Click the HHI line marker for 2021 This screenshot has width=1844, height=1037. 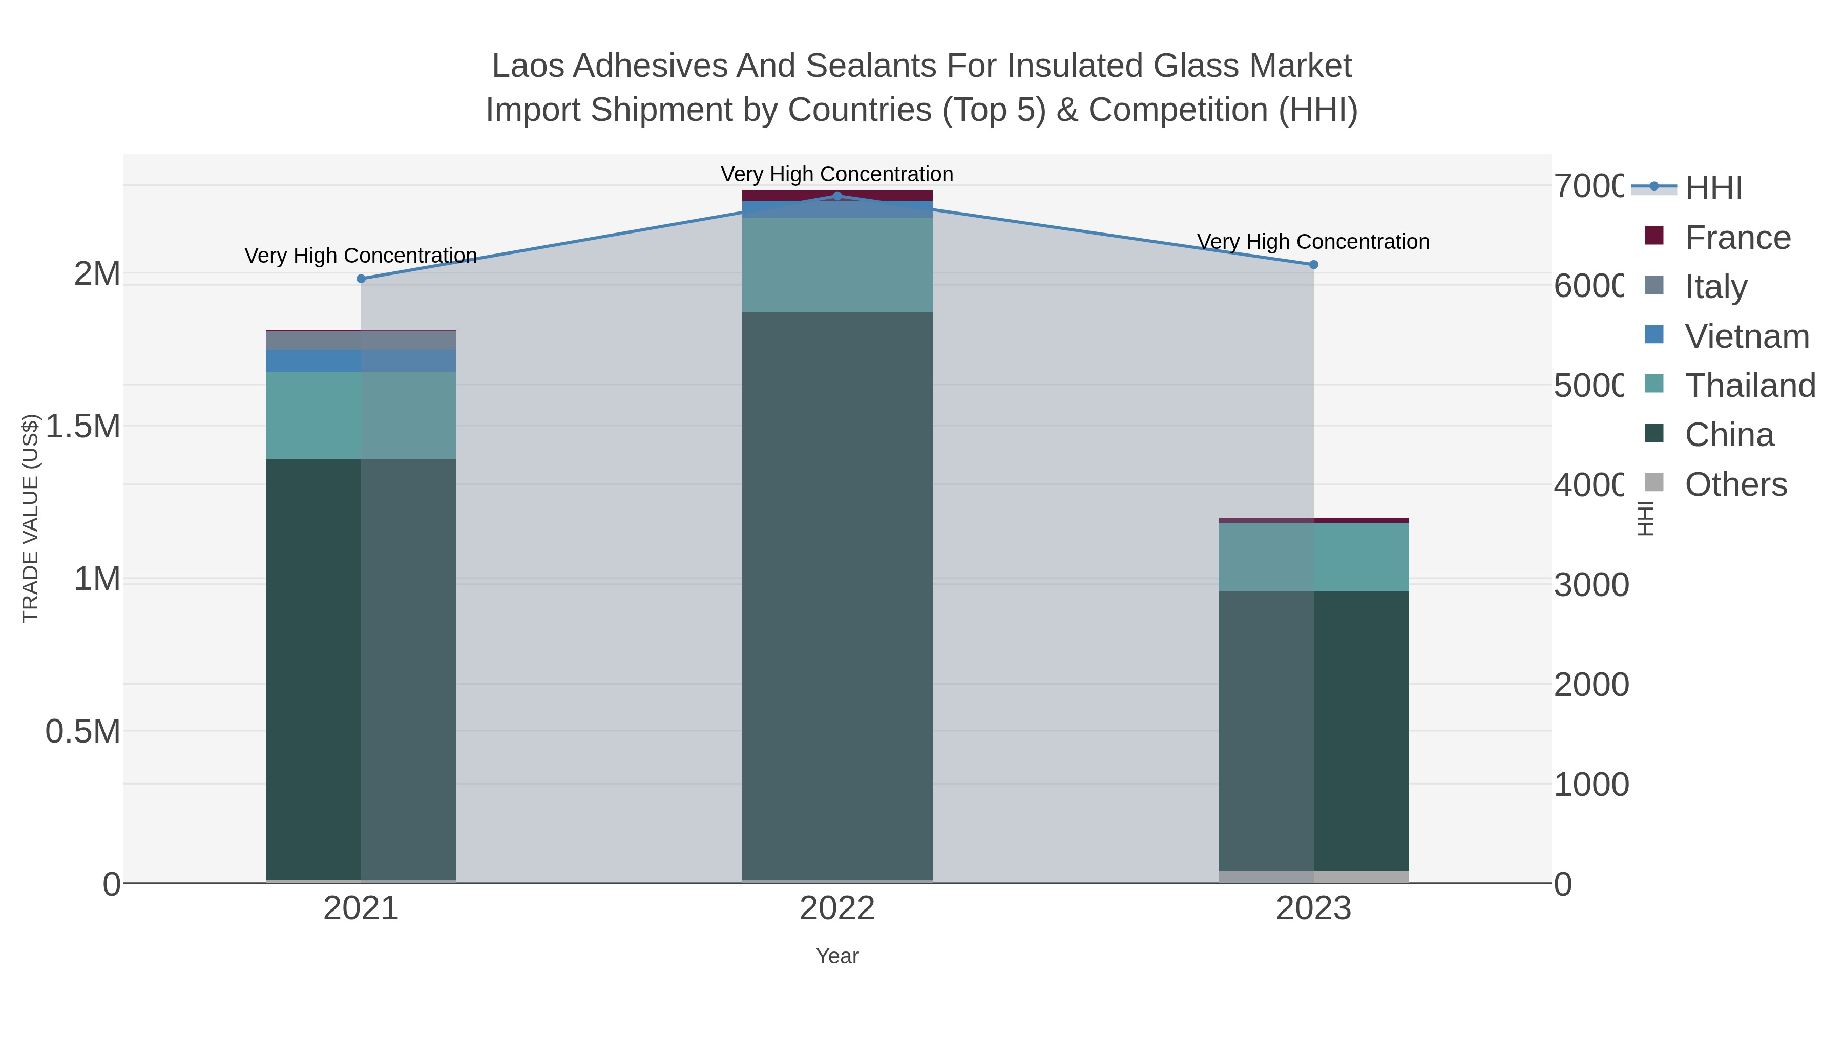click(361, 279)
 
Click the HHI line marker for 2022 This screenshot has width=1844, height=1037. click(837, 196)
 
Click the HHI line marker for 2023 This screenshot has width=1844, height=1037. click(1313, 265)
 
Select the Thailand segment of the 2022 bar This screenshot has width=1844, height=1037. click(837, 264)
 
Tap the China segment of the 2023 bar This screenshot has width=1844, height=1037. click(1313, 730)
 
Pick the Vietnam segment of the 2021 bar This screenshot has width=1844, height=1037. click(361, 360)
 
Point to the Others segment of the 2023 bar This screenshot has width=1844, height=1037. click(1313, 877)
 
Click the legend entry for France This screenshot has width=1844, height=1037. click(1737, 238)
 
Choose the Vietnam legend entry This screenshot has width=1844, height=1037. click(1747, 336)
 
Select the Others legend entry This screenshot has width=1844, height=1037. click(1735, 484)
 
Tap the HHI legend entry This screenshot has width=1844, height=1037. click(1713, 188)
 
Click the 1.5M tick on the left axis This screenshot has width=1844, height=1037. click(82, 427)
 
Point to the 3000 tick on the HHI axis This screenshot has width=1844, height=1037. click(1590, 585)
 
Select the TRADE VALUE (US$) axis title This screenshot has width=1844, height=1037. click(30, 518)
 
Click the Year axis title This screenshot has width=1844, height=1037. click(837, 956)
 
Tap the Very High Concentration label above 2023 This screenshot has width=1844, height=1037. click(1313, 242)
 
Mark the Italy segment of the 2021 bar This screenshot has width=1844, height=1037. click(361, 340)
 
